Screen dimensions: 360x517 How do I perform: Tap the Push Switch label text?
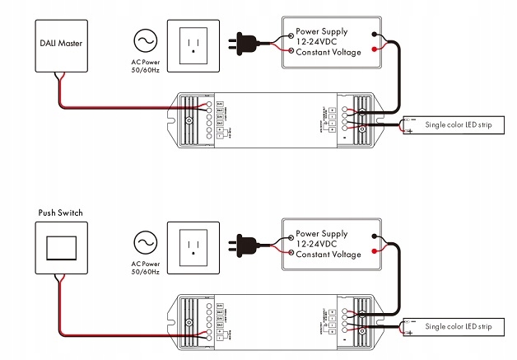pos(60,213)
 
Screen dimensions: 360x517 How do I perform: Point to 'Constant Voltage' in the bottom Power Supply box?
pos(328,255)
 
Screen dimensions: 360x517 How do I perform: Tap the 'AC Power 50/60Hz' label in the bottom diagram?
pos(146,268)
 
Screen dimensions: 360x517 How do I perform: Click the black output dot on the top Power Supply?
pos(375,35)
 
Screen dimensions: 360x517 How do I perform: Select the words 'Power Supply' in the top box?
pos(324,31)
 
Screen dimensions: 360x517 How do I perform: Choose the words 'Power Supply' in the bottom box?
pos(324,233)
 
